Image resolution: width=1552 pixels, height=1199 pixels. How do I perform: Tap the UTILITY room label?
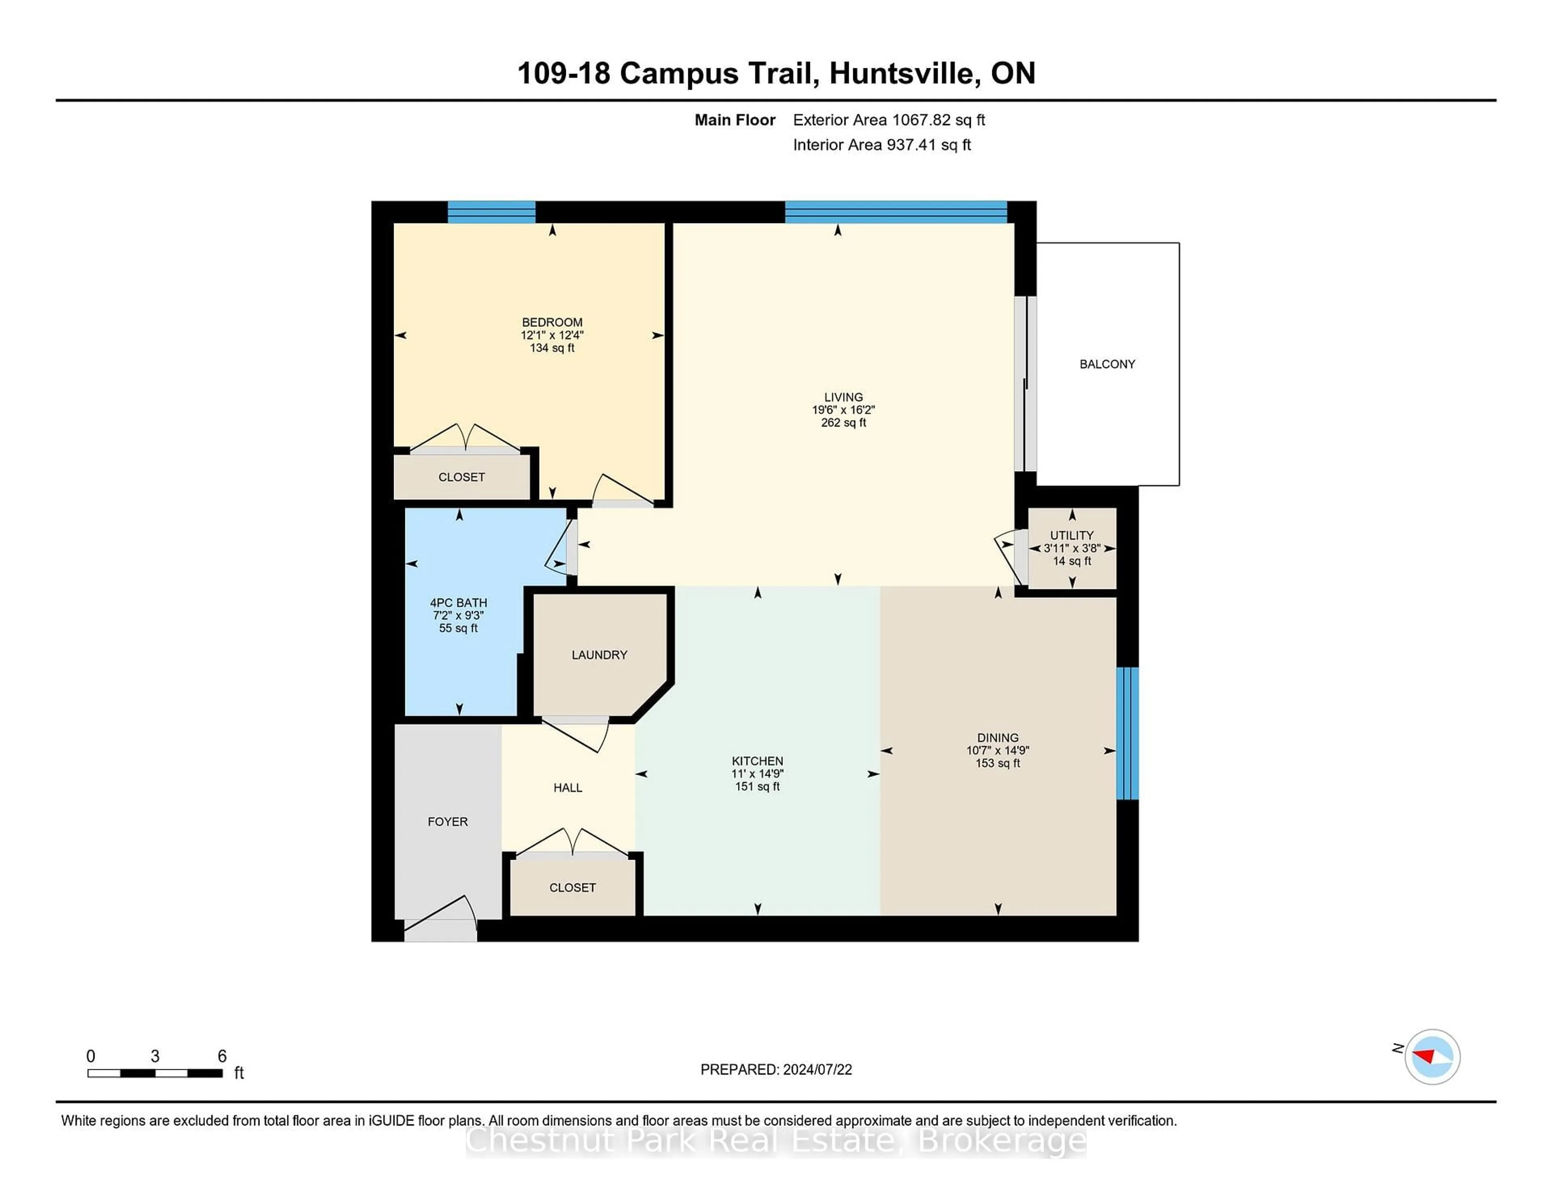[1071, 535]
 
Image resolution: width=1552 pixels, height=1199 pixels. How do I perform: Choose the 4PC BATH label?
[458, 602]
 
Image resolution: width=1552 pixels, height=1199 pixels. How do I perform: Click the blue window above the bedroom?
[491, 212]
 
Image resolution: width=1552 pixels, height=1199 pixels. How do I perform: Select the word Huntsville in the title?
[900, 73]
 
